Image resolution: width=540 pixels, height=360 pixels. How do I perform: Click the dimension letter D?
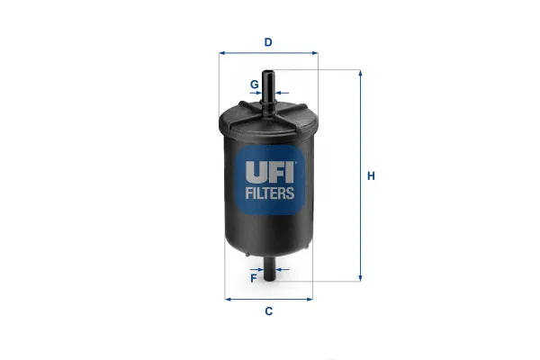268,42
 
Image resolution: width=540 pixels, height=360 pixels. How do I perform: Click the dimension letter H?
371,176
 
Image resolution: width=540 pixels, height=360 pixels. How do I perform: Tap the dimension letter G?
254,84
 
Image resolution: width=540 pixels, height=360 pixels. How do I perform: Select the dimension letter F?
254,278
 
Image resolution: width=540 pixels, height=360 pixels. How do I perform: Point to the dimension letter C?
268,311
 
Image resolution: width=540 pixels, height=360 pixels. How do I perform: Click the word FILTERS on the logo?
270,193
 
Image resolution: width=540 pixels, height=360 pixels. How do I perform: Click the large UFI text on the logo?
269,172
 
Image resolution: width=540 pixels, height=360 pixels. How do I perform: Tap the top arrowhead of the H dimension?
360,73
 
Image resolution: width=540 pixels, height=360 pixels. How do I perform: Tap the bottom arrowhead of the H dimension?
360,278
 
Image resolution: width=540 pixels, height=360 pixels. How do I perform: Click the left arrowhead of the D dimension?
222,53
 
